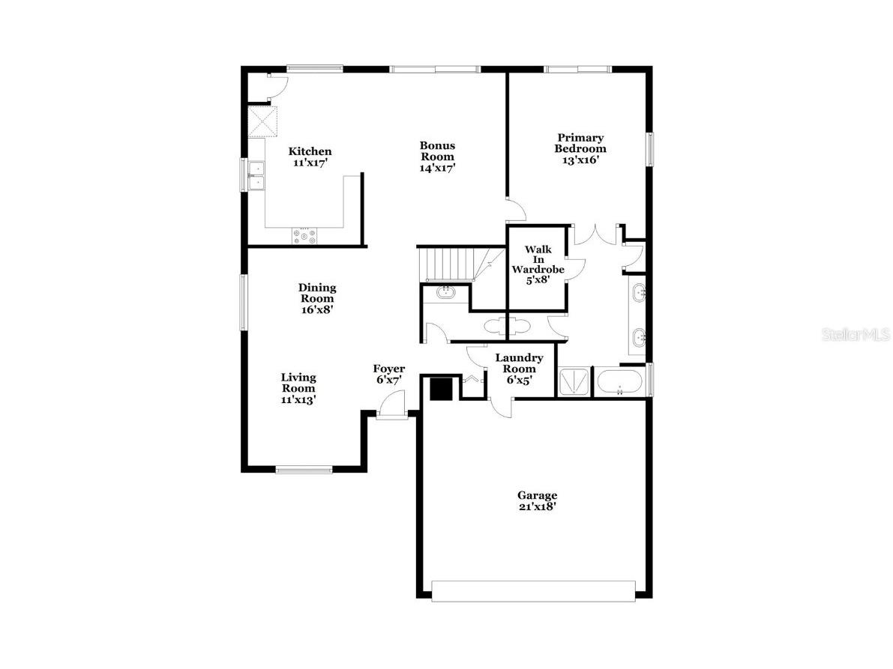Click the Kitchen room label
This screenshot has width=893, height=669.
point(310,151)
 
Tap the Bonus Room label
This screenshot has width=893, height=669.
point(438,151)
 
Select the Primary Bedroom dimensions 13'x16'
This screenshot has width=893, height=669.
point(580,159)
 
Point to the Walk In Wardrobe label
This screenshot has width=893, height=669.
point(538,259)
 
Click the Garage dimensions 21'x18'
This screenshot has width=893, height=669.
point(537,506)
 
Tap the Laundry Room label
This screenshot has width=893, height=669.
point(519,363)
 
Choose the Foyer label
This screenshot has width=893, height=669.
point(389,369)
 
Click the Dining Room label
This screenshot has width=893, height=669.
point(317,293)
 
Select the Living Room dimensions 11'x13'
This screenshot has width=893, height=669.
point(298,399)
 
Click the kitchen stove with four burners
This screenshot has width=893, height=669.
point(304,236)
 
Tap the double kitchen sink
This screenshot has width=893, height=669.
point(256,176)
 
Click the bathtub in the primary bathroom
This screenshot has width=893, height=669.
point(619,382)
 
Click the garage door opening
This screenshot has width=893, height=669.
point(534,590)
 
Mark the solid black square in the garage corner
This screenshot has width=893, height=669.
point(441,390)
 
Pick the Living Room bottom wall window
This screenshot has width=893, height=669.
point(304,470)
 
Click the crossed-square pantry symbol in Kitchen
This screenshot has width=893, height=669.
point(262,121)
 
